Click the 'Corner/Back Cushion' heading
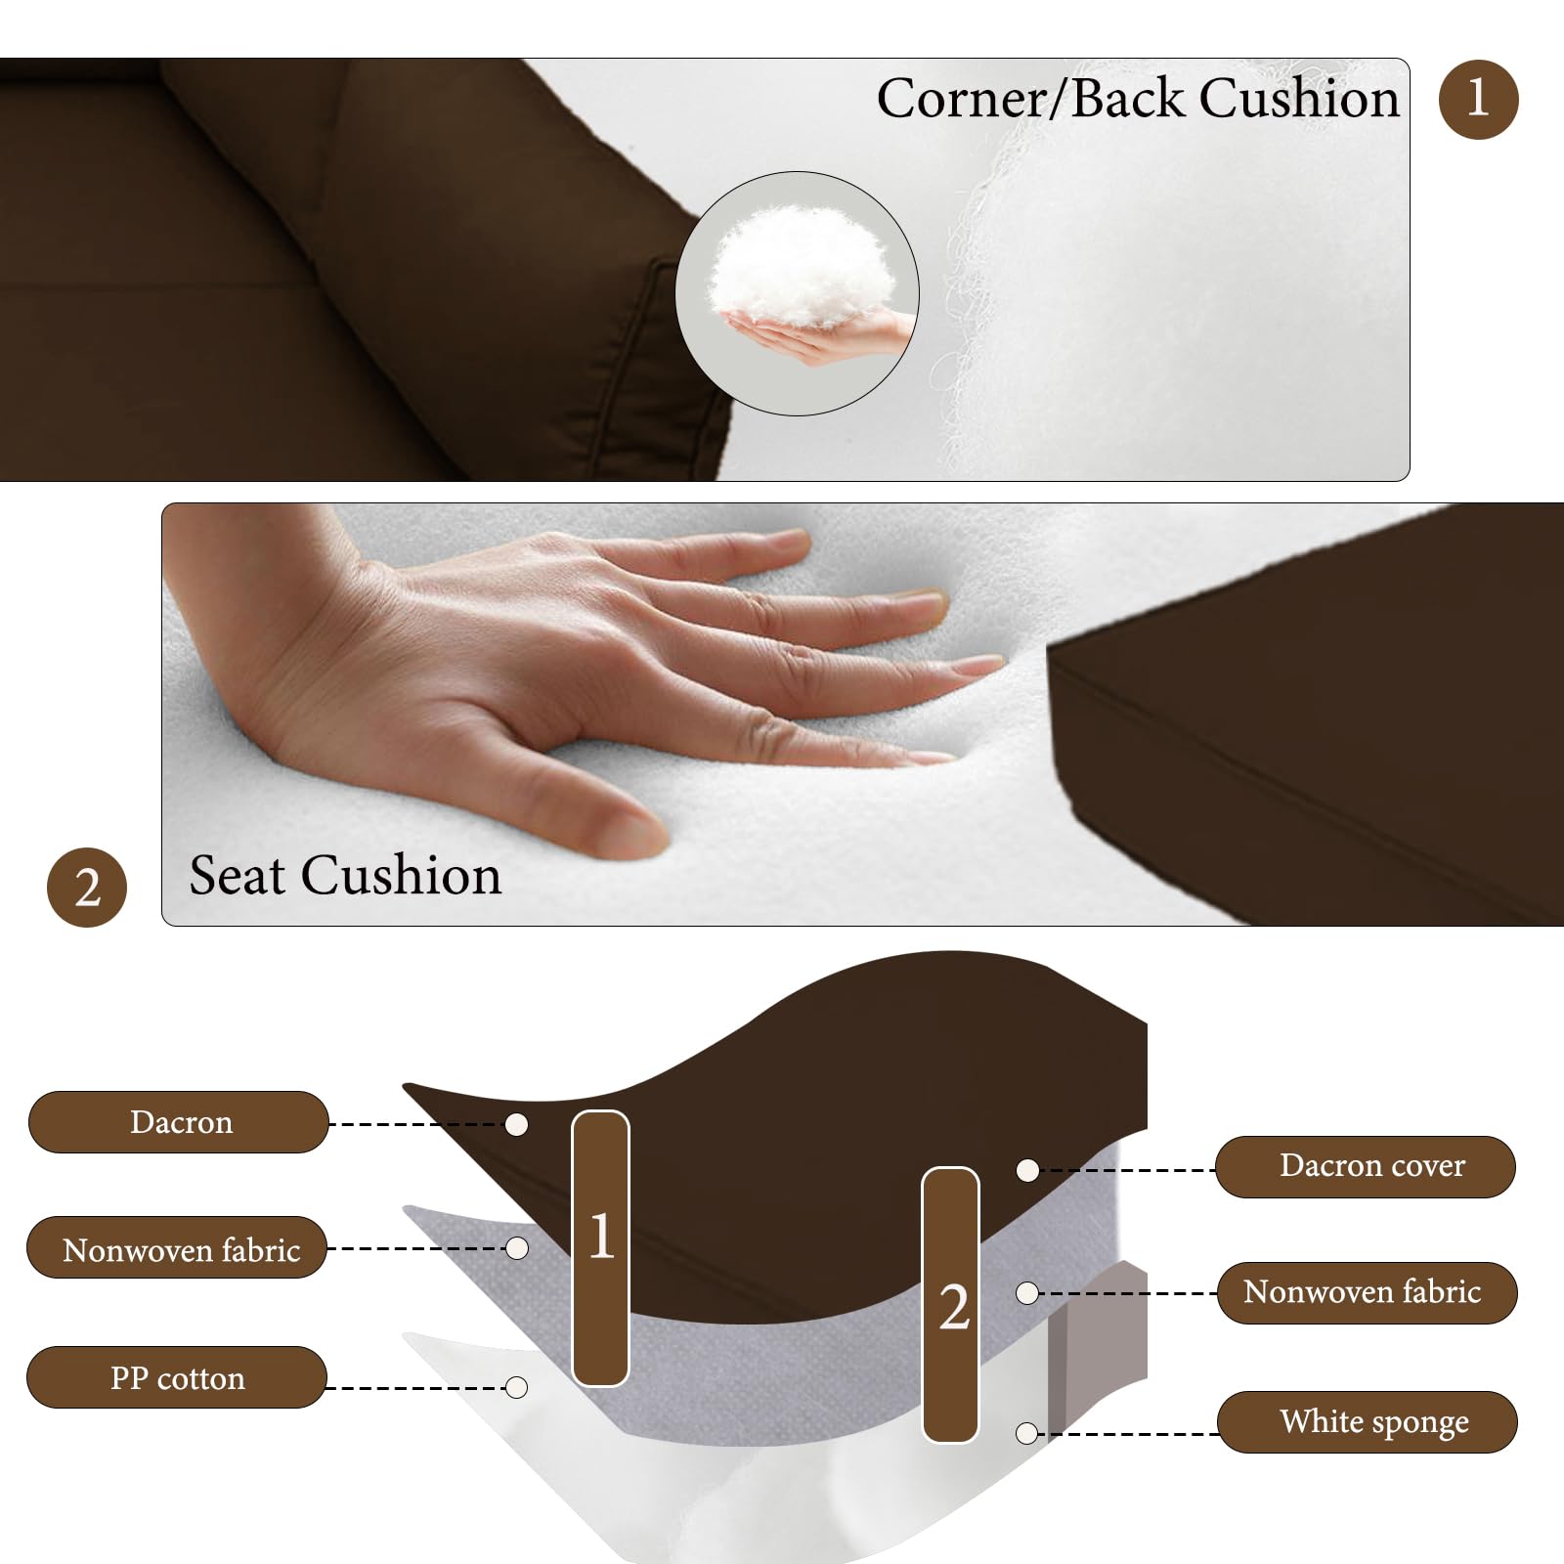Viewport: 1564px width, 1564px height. click(x=1138, y=99)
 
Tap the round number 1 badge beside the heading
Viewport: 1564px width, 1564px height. click(x=1478, y=99)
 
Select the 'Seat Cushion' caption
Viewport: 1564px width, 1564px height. click(x=345, y=875)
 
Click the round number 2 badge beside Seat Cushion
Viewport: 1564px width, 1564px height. click(x=87, y=888)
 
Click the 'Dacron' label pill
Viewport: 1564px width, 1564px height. click(x=179, y=1122)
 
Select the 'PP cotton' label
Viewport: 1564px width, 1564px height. click(x=177, y=1377)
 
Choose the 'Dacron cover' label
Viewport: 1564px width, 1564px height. click(x=1366, y=1166)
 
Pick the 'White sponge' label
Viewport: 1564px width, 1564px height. click(x=1368, y=1422)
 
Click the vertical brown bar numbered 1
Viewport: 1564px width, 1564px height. click(x=600, y=1248)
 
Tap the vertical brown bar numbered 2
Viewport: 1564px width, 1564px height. click(x=951, y=1305)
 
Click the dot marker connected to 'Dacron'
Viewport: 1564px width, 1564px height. click(x=517, y=1124)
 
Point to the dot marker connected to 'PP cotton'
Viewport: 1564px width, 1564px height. click(x=517, y=1387)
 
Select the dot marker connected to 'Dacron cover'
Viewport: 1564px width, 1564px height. click(x=1027, y=1170)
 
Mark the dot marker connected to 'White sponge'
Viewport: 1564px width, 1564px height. click(x=1026, y=1433)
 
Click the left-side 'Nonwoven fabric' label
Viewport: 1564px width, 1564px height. click(x=177, y=1248)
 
